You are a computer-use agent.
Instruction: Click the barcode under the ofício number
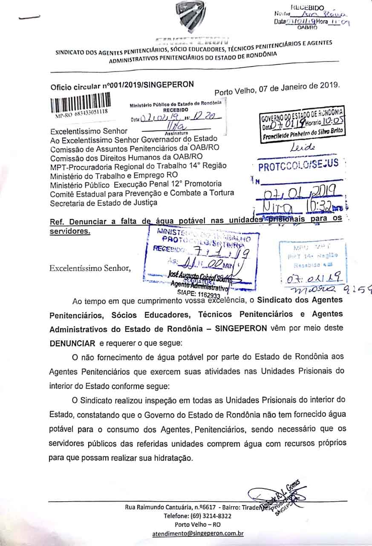81,102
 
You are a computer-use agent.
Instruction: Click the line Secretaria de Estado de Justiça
103,202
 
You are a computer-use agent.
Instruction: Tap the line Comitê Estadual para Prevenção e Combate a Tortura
142,193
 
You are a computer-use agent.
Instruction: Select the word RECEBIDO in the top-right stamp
307,8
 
